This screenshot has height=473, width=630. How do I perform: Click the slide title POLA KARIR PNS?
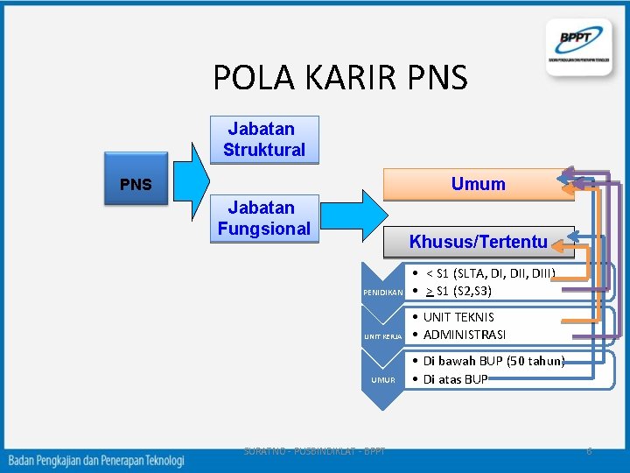point(340,78)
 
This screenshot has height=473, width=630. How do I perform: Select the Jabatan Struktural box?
point(264,139)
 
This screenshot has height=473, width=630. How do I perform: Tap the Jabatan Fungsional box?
point(264,218)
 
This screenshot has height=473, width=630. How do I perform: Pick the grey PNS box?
point(136,185)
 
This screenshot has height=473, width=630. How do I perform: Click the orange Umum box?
point(478,184)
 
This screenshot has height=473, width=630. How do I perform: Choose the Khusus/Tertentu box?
point(479,242)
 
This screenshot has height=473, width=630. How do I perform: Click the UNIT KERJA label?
point(383,336)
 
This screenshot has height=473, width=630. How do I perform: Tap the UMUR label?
point(383,380)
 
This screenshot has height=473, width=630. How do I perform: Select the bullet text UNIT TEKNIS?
point(458,317)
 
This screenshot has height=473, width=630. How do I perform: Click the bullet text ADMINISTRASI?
point(465,335)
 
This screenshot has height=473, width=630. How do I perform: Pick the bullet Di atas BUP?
point(455,379)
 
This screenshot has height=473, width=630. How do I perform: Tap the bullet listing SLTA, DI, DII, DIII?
point(490,273)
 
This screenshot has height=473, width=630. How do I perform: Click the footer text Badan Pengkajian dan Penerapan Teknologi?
point(96,459)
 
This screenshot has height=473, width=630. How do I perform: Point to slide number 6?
point(589,451)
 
